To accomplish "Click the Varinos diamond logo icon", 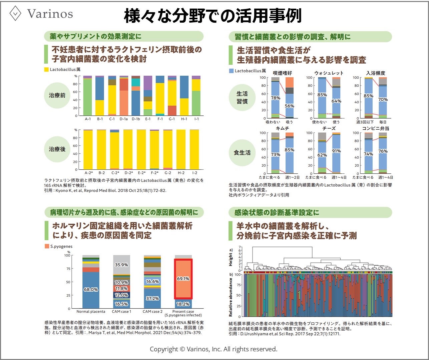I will coord(16,13).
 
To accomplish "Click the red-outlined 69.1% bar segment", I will coord(183,279).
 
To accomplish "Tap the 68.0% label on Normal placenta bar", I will coord(91,289).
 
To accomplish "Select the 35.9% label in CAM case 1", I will coord(121,265).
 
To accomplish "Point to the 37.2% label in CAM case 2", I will coord(152,298).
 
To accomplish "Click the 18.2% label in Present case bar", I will coord(183,304).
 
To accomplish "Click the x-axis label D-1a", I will coord(124,119).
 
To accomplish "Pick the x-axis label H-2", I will coord(181,173).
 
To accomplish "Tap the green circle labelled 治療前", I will coord(57,95).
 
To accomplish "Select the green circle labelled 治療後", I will coord(57,149).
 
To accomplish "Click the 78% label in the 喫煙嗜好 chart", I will coord(276,98).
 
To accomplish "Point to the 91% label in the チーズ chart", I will coord(336,151).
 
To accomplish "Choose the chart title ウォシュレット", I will coord(329,73).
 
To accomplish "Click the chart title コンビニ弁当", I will coord(376,128).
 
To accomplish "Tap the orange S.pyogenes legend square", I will coord(47,246).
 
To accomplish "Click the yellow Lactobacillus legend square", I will coord(46,70).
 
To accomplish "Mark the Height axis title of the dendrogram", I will coord(231,257).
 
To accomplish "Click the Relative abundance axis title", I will coord(231,297).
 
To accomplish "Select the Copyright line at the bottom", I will coord(213,349).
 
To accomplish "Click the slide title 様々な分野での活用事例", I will coord(213,16).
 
